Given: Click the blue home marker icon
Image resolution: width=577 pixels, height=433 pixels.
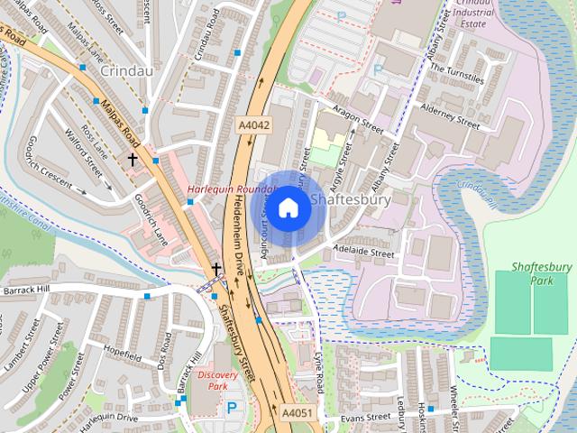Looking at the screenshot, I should tap(288, 208).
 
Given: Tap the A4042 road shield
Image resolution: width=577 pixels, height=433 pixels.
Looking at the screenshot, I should tap(254, 125).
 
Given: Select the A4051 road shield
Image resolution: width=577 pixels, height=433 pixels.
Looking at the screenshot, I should tap(297, 412).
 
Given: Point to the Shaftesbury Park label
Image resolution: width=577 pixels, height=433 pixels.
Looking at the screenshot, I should tap(541, 273).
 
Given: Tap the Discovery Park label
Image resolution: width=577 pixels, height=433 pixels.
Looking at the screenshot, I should tap(217, 380).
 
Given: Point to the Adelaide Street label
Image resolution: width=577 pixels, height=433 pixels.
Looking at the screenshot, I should tap(363, 254).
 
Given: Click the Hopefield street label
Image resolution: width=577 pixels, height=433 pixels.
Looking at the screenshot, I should tap(123, 353).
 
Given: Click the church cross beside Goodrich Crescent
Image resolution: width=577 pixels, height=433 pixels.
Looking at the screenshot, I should tap(133, 160).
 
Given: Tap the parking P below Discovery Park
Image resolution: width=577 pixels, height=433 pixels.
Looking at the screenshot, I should tap(232, 408).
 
